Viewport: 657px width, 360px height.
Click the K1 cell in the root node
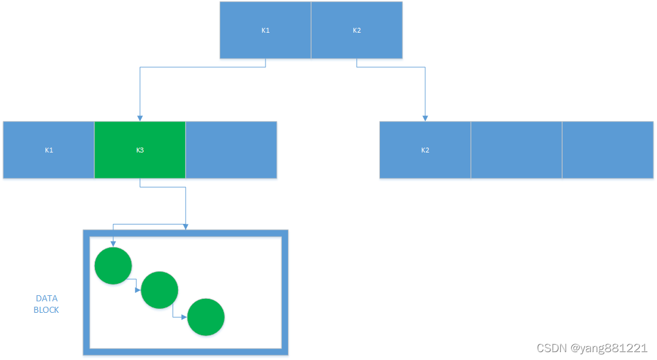tap(266, 30)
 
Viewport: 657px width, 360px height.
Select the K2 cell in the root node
tap(357, 30)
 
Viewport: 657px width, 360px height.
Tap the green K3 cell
tap(140, 150)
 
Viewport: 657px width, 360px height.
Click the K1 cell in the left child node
tap(49, 150)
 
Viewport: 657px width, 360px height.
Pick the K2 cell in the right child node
tap(425, 150)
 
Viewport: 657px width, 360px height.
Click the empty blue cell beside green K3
tap(231, 150)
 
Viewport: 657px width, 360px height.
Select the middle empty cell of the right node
tap(516, 150)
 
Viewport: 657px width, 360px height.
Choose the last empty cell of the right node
tap(607, 150)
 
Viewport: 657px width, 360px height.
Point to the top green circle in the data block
tap(113, 266)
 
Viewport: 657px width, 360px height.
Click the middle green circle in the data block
tap(159, 290)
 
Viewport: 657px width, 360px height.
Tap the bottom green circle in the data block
tap(206, 316)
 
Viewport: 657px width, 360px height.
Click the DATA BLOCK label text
tap(47, 304)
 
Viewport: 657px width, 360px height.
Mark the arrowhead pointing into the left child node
tap(140, 117)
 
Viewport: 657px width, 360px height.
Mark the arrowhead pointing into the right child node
tap(425, 117)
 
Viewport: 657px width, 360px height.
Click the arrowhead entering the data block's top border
tap(185, 226)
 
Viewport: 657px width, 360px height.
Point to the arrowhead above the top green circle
tap(113, 243)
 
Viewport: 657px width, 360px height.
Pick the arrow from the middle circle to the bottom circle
tap(180, 315)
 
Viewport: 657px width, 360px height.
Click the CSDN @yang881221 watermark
tap(592, 348)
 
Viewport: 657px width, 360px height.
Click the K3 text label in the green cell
tap(140, 150)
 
